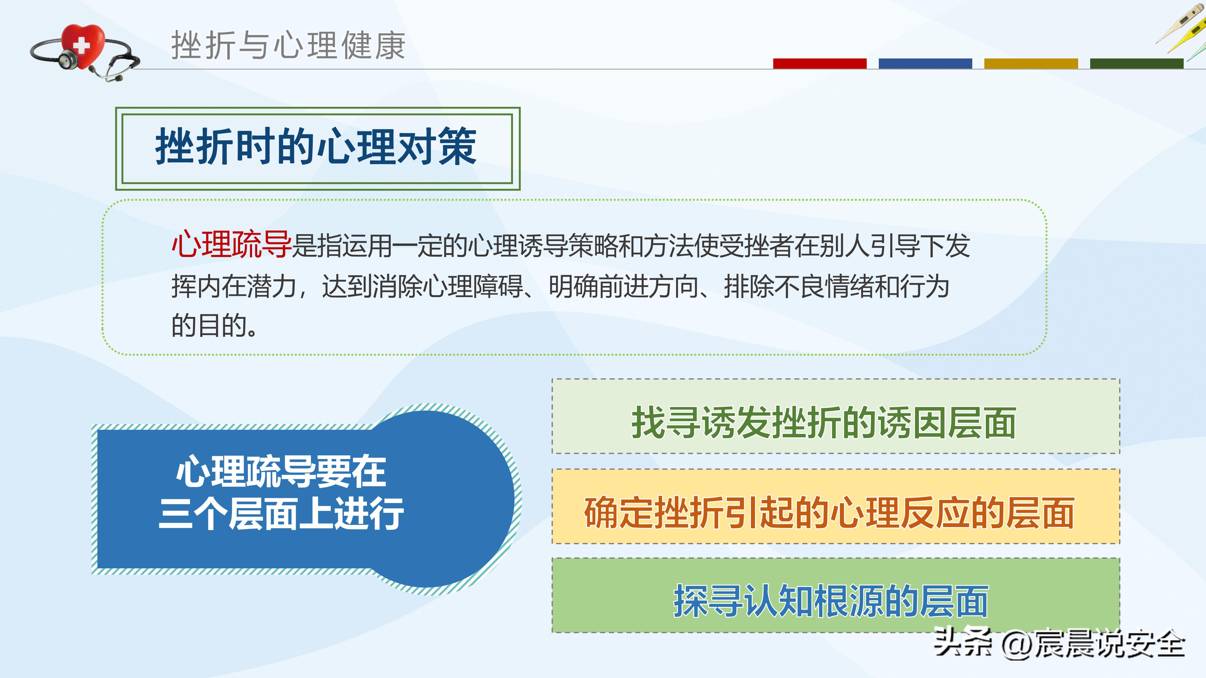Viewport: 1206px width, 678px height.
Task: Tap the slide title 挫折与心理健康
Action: (288, 46)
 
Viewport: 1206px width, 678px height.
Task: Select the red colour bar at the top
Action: (819, 64)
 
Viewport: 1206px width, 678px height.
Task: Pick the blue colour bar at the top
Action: (925, 64)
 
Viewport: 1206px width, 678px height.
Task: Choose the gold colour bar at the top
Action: (1031, 64)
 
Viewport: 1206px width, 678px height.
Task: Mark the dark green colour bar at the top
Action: (1136, 64)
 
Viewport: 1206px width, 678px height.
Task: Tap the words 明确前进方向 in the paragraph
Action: (624, 286)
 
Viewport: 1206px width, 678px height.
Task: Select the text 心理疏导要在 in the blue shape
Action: (281, 472)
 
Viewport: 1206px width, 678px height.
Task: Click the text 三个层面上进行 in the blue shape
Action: (281, 514)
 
